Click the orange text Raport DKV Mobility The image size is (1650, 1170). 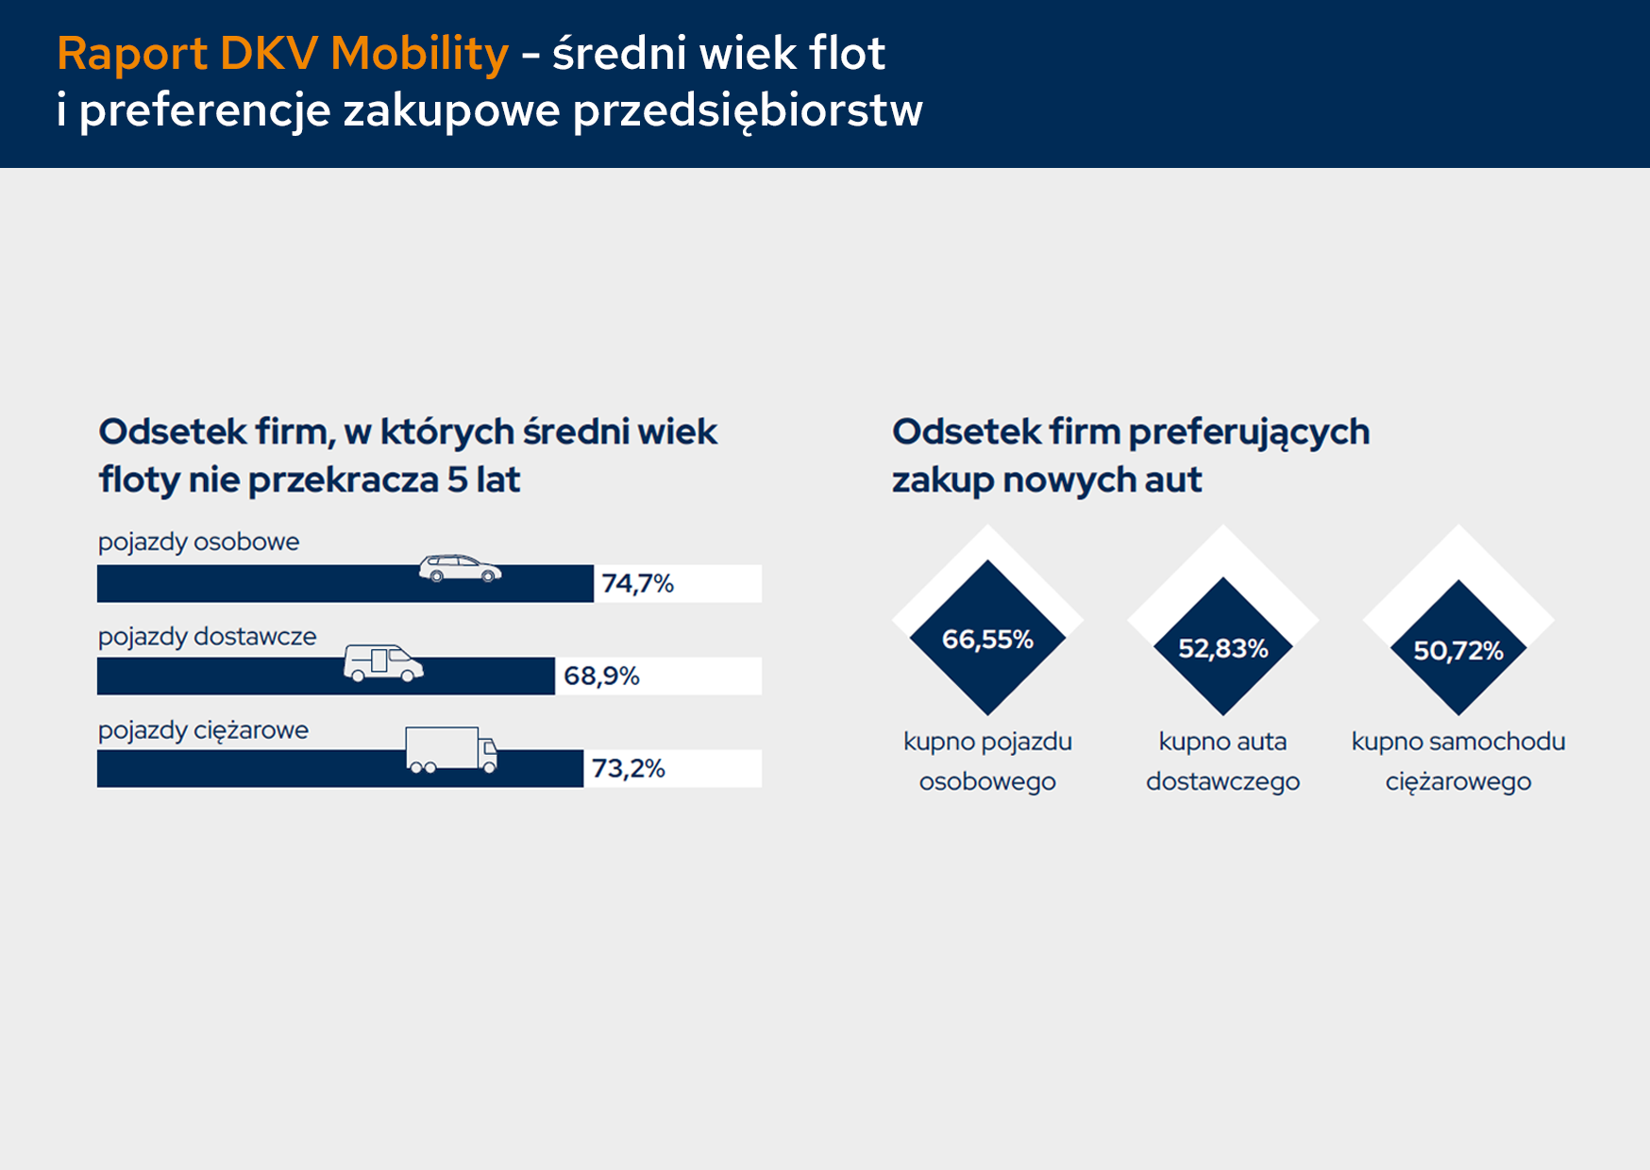pyautogui.click(x=282, y=54)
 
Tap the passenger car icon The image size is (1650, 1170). pyautogui.click(x=460, y=568)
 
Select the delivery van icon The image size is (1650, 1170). pyautogui.click(x=383, y=662)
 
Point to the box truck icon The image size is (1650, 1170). pyautogui.click(x=451, y=750)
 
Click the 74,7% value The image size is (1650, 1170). pyautogui.click(x=638, y=584)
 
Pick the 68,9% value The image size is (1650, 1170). pyautogui.click(x=601, y=677)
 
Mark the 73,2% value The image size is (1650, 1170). pyautogui.click(x=628, y=769)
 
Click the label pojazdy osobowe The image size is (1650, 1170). pyautogui.click(x=198, y=543)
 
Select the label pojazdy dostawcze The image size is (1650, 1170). pyautogui.click(x=207, y=637)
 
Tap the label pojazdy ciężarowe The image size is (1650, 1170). pyautogui.click(x=203, y=730)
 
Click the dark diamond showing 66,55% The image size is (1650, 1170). pyautogui.click(x=987, y=639)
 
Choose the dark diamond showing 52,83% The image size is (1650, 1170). pyautogui.click(x=1222, y=648)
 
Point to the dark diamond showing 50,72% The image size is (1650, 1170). pyautogui.click(x=1457, y=650)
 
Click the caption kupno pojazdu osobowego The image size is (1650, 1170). pyautogui.click(x=987, y=761)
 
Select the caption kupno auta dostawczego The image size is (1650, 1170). pyautogui.click(x=1222, y=761)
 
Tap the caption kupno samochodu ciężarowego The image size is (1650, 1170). pyautogui.click(x=1457, y=761)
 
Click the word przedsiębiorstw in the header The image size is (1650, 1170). pyautogui.click(x=748, y=110)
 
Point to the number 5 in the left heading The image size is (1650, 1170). pyautogui.click(x=457, y=480)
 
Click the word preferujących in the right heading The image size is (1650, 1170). pyautogui.click(x=1249, y=432)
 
